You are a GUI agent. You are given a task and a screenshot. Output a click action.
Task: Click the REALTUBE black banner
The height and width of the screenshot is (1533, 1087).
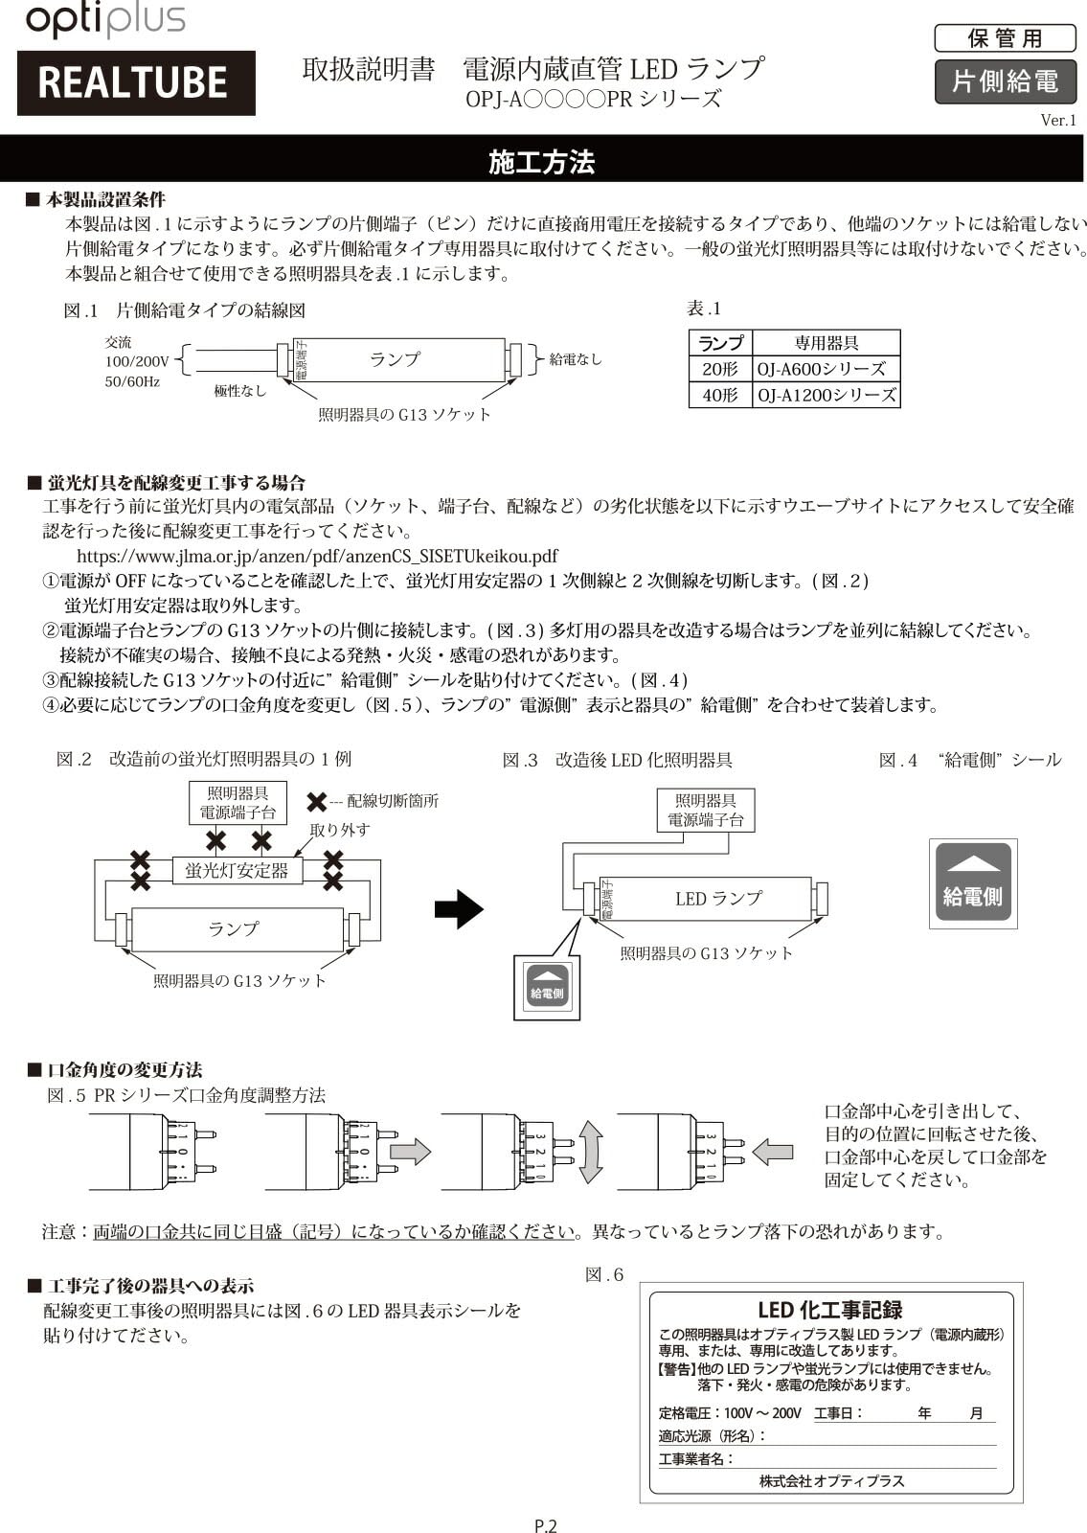(x=135, y=83)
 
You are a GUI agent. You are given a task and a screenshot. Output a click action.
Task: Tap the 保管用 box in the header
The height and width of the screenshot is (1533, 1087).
(x=1005, y=38)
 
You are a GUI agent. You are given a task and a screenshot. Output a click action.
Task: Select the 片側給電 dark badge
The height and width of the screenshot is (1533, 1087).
(x=1005, y=81)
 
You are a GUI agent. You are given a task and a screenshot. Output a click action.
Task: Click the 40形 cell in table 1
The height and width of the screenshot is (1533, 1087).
(x=720, y=395)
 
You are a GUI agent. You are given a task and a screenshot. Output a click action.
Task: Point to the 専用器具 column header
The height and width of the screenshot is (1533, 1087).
(x=826, y=343)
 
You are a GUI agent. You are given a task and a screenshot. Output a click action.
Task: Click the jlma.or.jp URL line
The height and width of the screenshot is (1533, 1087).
(x=317, y=556)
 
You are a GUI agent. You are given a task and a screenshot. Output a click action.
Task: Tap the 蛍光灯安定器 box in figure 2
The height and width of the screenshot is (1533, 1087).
(x=237, y=870)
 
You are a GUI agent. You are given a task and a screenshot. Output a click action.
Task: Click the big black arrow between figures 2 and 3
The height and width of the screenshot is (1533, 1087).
(x=458, y=908)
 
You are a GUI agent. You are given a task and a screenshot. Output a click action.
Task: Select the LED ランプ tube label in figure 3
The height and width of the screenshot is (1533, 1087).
(x=718, y=899)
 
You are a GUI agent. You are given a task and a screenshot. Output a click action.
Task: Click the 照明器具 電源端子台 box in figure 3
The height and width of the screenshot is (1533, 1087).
(x=705, y=811)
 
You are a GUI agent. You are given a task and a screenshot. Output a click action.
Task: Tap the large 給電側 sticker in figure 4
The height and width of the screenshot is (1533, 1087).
(x=973, y=883)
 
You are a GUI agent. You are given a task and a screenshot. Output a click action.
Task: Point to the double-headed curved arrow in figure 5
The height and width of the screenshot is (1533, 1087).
(x=591, y=1152)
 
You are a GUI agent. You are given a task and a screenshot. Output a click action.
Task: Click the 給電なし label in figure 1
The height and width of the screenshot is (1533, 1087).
(x=576, y=359)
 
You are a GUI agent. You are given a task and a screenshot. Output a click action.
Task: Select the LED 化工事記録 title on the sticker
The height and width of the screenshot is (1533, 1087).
(x=829, y=1310)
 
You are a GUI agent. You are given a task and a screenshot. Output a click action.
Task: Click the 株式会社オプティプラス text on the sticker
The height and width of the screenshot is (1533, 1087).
(x=831, y=1480)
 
